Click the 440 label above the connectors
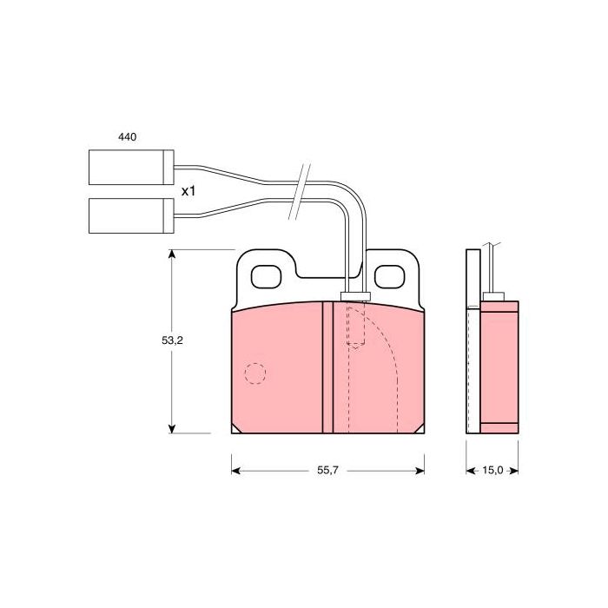(127, 137)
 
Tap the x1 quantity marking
(188, 191)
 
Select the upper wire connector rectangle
(131, 167)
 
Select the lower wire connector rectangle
(131, 215)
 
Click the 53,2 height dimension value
(172, 340)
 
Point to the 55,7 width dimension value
(328, 471)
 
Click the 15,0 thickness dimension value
(492, 471)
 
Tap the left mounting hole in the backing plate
(266, 277)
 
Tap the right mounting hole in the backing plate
(390, 277)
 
